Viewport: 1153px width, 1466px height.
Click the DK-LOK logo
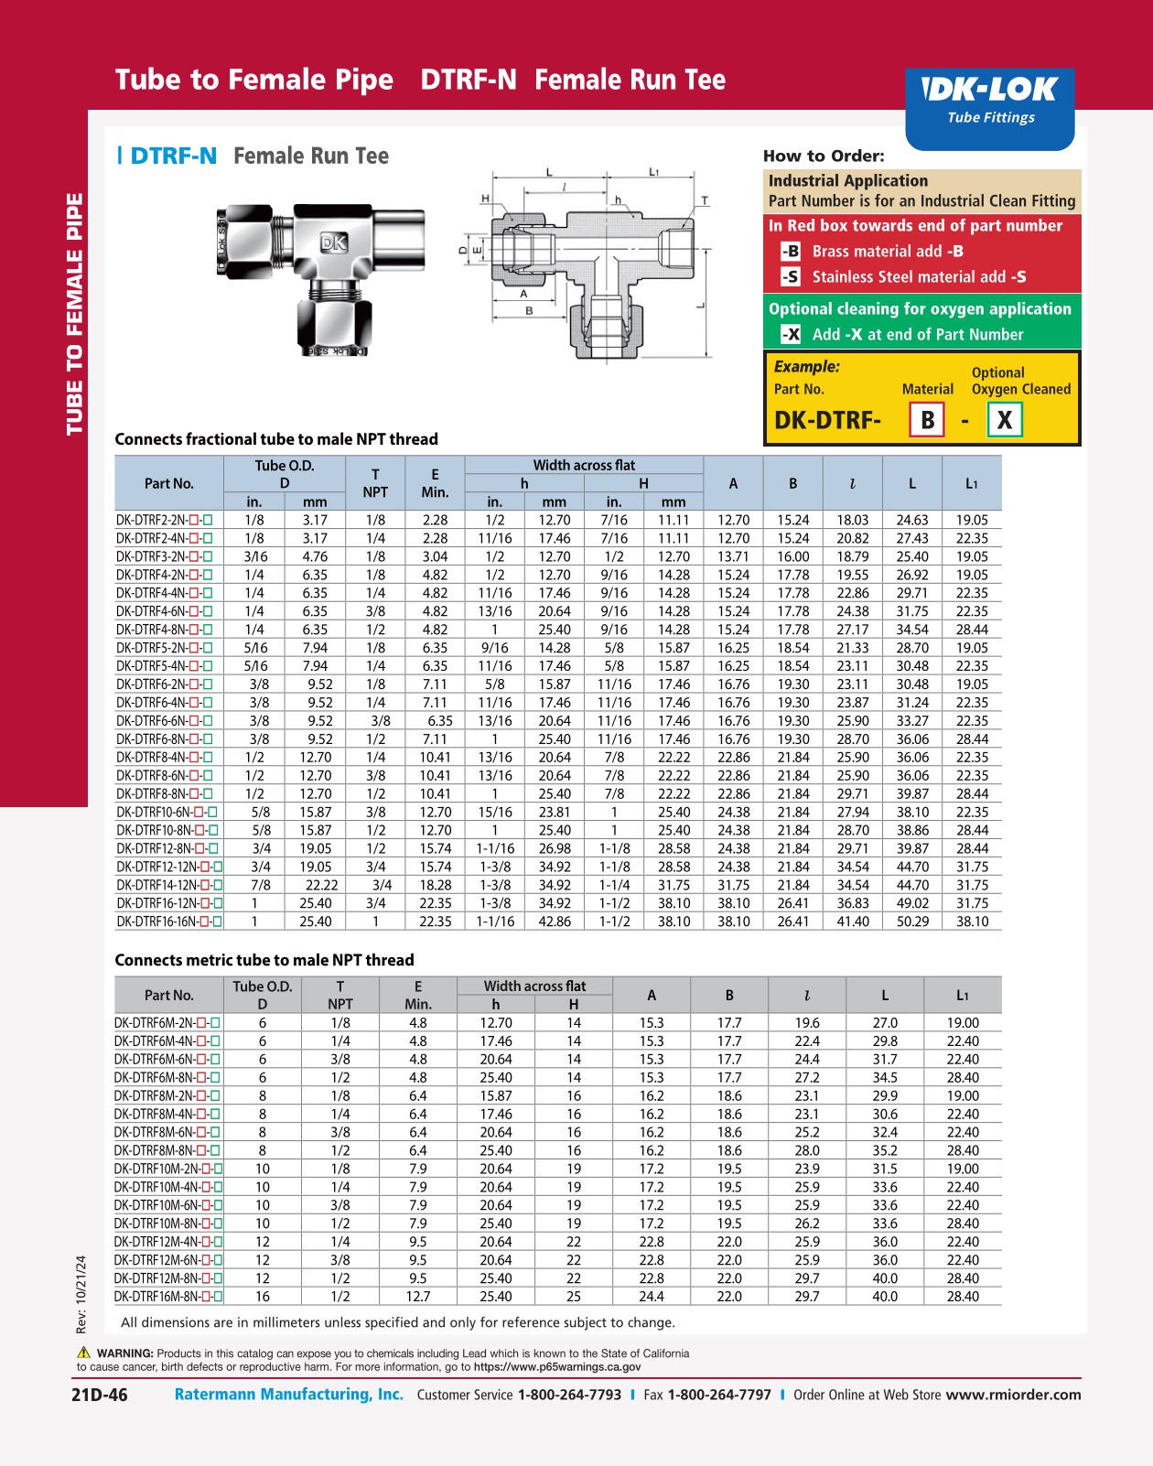coord(990,90)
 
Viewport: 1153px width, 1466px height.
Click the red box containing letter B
coord(927,420)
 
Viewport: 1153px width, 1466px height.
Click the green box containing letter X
coord(1004,420)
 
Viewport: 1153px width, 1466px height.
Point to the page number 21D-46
coord(100,1395)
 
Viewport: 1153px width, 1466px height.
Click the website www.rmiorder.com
coord(1013,1395)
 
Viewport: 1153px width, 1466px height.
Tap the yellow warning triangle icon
coord(84,1353)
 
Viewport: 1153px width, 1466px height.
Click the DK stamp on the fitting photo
coord(334,243)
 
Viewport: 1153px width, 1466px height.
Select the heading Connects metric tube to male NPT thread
coord(264,960)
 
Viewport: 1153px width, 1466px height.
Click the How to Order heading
coord(824,156)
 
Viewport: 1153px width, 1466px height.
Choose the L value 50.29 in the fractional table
coord(912,922)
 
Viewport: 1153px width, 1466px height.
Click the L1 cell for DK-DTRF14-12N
coord(972,885)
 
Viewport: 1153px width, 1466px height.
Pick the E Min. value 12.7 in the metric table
coord(418,1297)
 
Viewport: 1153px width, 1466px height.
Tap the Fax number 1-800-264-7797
coord(719,1395)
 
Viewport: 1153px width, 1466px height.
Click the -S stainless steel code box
coord(791,276)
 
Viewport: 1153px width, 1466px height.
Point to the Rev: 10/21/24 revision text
coord(81,1294)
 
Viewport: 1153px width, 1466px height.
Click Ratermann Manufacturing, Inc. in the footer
coord(289,1395)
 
